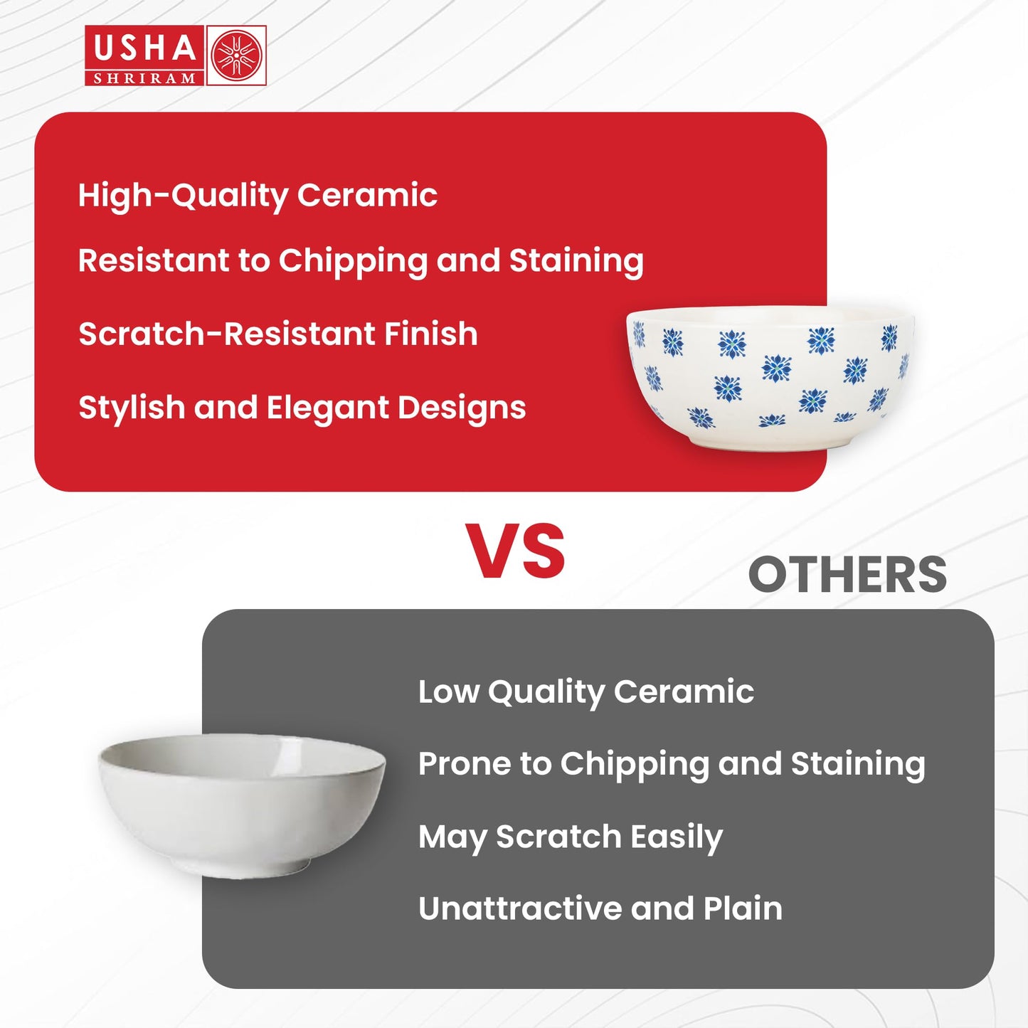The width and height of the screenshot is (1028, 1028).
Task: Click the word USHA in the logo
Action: (144, 48)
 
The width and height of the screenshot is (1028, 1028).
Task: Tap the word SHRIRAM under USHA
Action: (144, 78)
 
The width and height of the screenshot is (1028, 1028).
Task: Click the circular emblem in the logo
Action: (236, 55)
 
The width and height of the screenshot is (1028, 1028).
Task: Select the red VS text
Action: (515, 551)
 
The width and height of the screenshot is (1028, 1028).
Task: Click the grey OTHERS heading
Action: (847, 575)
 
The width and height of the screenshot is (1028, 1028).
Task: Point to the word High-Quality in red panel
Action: (183, 196)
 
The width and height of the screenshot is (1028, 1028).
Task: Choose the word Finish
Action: (430, 334)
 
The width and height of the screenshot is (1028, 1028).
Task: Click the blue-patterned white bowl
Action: (770, 378)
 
